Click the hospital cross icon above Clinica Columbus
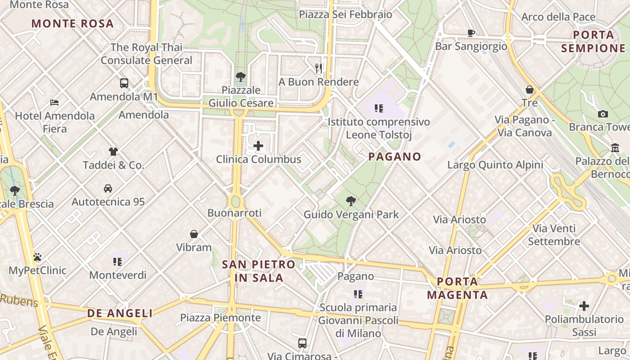pyautogui.click(x=258, y=146)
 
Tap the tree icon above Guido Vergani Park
pyautogui.click(x=351, y=201)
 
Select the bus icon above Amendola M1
pyautogui.click(x=124, y=83)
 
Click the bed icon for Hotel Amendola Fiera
pyautogui.click(x=54, y=103)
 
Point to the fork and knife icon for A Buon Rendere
pyautogui.click(x=319, y=68)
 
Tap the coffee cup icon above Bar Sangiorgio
pyautogui.click(x=471, y=33)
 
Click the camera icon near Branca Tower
pyautogui.click(x=603, y=114)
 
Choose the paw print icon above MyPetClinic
pyautogui.click(x=37, y=257)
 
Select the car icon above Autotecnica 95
pyautogui.click(x=108, y=188)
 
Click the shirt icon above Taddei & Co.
pyautogui.click(x=113, y=152)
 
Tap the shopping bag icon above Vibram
pyautogui.click(x=194, y=234)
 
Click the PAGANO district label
pyautogui.click(x=395, y=157)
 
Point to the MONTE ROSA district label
pyautogui.click(x=72, y=23)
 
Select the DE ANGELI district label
pyautogui.click(x=120, y=313)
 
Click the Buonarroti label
pyautogui.click(x=234, y=212)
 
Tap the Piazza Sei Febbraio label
pyautogui.click(x=346, y=14)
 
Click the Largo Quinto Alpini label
pyautogui.click(x=495, y=165)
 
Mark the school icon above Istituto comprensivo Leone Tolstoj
pyautogui.click(x=378, y=108)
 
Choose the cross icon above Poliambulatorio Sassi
pyautogui.click(x=584, y=306)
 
